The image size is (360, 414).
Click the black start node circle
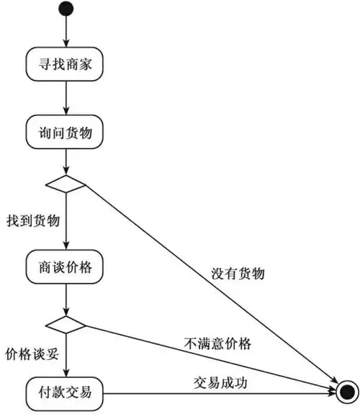66,9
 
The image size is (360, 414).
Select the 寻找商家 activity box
66,65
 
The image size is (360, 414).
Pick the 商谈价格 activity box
66,266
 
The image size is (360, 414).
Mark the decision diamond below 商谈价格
66,323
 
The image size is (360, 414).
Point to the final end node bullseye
346,393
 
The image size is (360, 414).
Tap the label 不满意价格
217,343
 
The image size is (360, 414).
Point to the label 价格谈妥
31,355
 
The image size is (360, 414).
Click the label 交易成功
220,382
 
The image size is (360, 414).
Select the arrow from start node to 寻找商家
66,32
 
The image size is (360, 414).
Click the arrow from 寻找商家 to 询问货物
66,99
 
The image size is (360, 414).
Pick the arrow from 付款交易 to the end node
216,393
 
